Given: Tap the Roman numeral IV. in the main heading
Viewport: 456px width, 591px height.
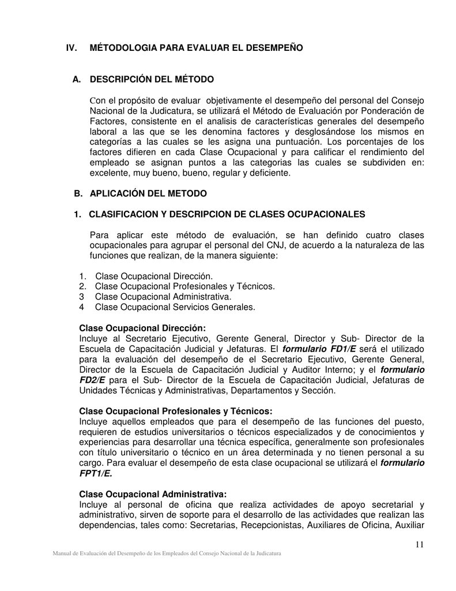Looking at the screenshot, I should coord(74,47).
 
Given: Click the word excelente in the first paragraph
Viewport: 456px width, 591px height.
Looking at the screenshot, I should coord(109,173).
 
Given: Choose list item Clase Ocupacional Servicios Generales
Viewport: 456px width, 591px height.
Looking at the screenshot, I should coord(175,307).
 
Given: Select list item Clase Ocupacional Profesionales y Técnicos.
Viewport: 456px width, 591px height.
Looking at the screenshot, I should coord(184,286).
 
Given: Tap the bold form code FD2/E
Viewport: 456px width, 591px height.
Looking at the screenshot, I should coord(92,380).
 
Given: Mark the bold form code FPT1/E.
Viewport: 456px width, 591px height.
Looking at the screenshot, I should coord(96,473).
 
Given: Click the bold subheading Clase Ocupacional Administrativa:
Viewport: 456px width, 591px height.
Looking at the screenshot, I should coord(153,494).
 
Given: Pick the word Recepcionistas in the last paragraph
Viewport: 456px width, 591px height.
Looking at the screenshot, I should coord(271,525).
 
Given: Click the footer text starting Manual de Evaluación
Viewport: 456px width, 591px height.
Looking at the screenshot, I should coord(167,553).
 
